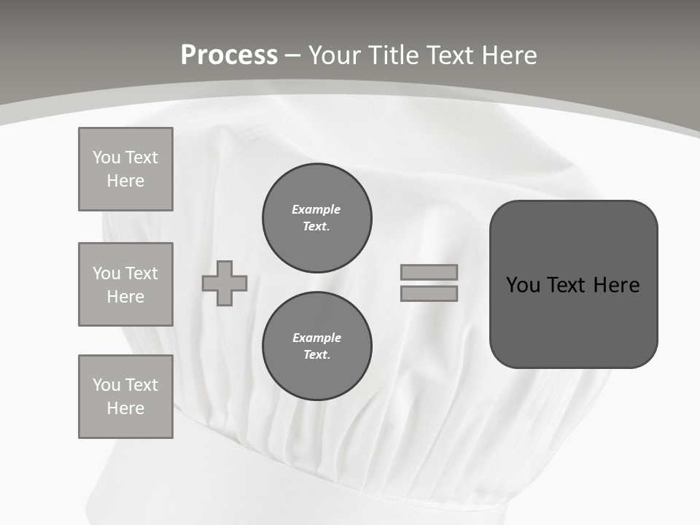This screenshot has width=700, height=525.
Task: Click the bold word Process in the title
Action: point(229,55)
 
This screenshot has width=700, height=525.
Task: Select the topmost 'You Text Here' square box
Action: point(125,169)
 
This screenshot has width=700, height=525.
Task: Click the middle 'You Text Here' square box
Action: point(125,284)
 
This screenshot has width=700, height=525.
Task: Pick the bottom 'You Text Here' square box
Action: point(125,397)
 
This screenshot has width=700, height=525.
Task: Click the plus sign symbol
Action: point(225,283)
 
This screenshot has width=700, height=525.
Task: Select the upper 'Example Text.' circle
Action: point(317,218)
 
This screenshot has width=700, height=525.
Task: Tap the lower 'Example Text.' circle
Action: point(317,346)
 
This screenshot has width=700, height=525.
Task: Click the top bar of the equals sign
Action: point(429,273)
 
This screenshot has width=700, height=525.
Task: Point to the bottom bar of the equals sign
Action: point(429,293)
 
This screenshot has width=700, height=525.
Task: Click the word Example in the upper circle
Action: point(316,209)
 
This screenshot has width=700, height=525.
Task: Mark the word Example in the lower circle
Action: point(316,338)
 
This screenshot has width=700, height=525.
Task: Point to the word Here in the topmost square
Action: point(125,181)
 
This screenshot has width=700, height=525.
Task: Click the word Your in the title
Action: point(335,55)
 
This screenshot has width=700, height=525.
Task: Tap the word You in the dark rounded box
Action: point(523,284)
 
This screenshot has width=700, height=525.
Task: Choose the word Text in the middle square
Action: point(141,273)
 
